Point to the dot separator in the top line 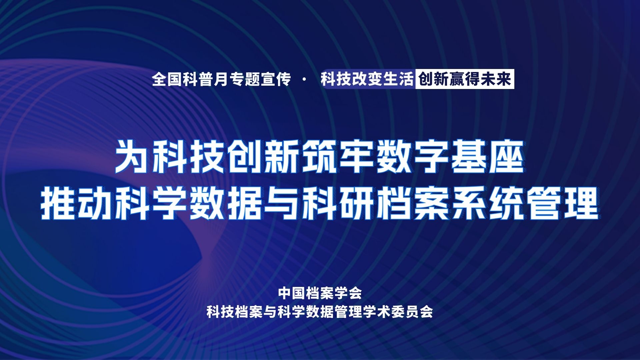[x=306, y=80]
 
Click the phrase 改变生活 [x=382, y=79]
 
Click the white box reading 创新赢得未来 [x=465, y=79]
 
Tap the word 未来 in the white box [x=497, y=79]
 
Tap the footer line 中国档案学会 [x=320, y=294]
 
